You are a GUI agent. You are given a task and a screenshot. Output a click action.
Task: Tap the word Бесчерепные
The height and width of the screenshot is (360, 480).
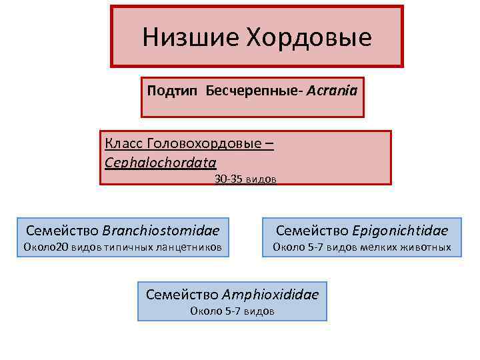coord(253,89)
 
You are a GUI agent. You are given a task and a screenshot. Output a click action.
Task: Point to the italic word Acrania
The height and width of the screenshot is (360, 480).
coord(332,89)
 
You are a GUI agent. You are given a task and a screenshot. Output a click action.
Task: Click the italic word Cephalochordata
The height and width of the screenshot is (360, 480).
coord(161,162)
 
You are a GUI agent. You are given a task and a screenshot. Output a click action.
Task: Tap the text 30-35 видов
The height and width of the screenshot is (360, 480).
coord(245,179)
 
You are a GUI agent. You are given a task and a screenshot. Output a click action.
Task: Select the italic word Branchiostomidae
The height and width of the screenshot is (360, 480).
coord(161,231)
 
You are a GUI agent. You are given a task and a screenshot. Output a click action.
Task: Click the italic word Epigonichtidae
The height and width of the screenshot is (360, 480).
coord(399,231)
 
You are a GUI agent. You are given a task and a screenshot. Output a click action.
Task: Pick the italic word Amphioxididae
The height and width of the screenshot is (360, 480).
coord(270,294)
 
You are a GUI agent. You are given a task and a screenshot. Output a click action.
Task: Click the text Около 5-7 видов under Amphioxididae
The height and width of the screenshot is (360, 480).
coord(232,311)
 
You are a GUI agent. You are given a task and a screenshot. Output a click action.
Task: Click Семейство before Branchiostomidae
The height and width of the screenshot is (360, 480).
coord(63,231)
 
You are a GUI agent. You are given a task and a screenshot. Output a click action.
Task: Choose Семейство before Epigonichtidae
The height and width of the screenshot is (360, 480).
coord(310,231)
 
